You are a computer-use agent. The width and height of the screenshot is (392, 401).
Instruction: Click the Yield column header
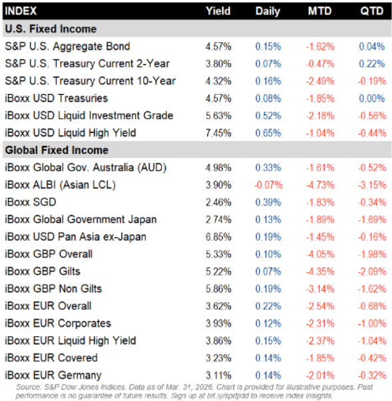coord(218,11)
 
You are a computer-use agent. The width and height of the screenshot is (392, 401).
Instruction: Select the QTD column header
coord(371,11)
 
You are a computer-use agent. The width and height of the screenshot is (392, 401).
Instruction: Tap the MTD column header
coord(319,11)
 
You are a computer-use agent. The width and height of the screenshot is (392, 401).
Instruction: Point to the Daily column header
coord(267,11)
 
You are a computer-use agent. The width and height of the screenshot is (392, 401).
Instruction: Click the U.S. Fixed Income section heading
coord(51,29)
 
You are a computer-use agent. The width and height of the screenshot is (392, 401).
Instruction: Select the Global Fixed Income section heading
coord(56,150)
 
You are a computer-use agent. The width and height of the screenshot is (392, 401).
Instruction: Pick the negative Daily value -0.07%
coord(267,185)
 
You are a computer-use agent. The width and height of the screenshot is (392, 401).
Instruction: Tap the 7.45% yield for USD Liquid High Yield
coord(217,133)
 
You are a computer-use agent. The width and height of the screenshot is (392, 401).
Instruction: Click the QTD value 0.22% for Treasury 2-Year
coord(372,63)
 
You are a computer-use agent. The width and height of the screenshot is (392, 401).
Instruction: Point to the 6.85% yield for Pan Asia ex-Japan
coord(217,236)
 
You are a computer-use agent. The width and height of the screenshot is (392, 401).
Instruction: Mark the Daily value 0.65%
coord(267,133)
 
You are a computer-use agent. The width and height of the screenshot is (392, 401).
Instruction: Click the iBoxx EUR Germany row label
coord(53,375)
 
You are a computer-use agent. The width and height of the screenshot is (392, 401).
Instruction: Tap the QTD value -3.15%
coord(371,185)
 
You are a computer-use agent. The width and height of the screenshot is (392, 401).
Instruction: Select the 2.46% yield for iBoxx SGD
coord(217,202)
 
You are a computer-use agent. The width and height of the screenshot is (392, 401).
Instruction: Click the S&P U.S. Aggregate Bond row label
coord(67,46)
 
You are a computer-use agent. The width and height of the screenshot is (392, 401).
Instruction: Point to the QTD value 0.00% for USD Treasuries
coord(372,98)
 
